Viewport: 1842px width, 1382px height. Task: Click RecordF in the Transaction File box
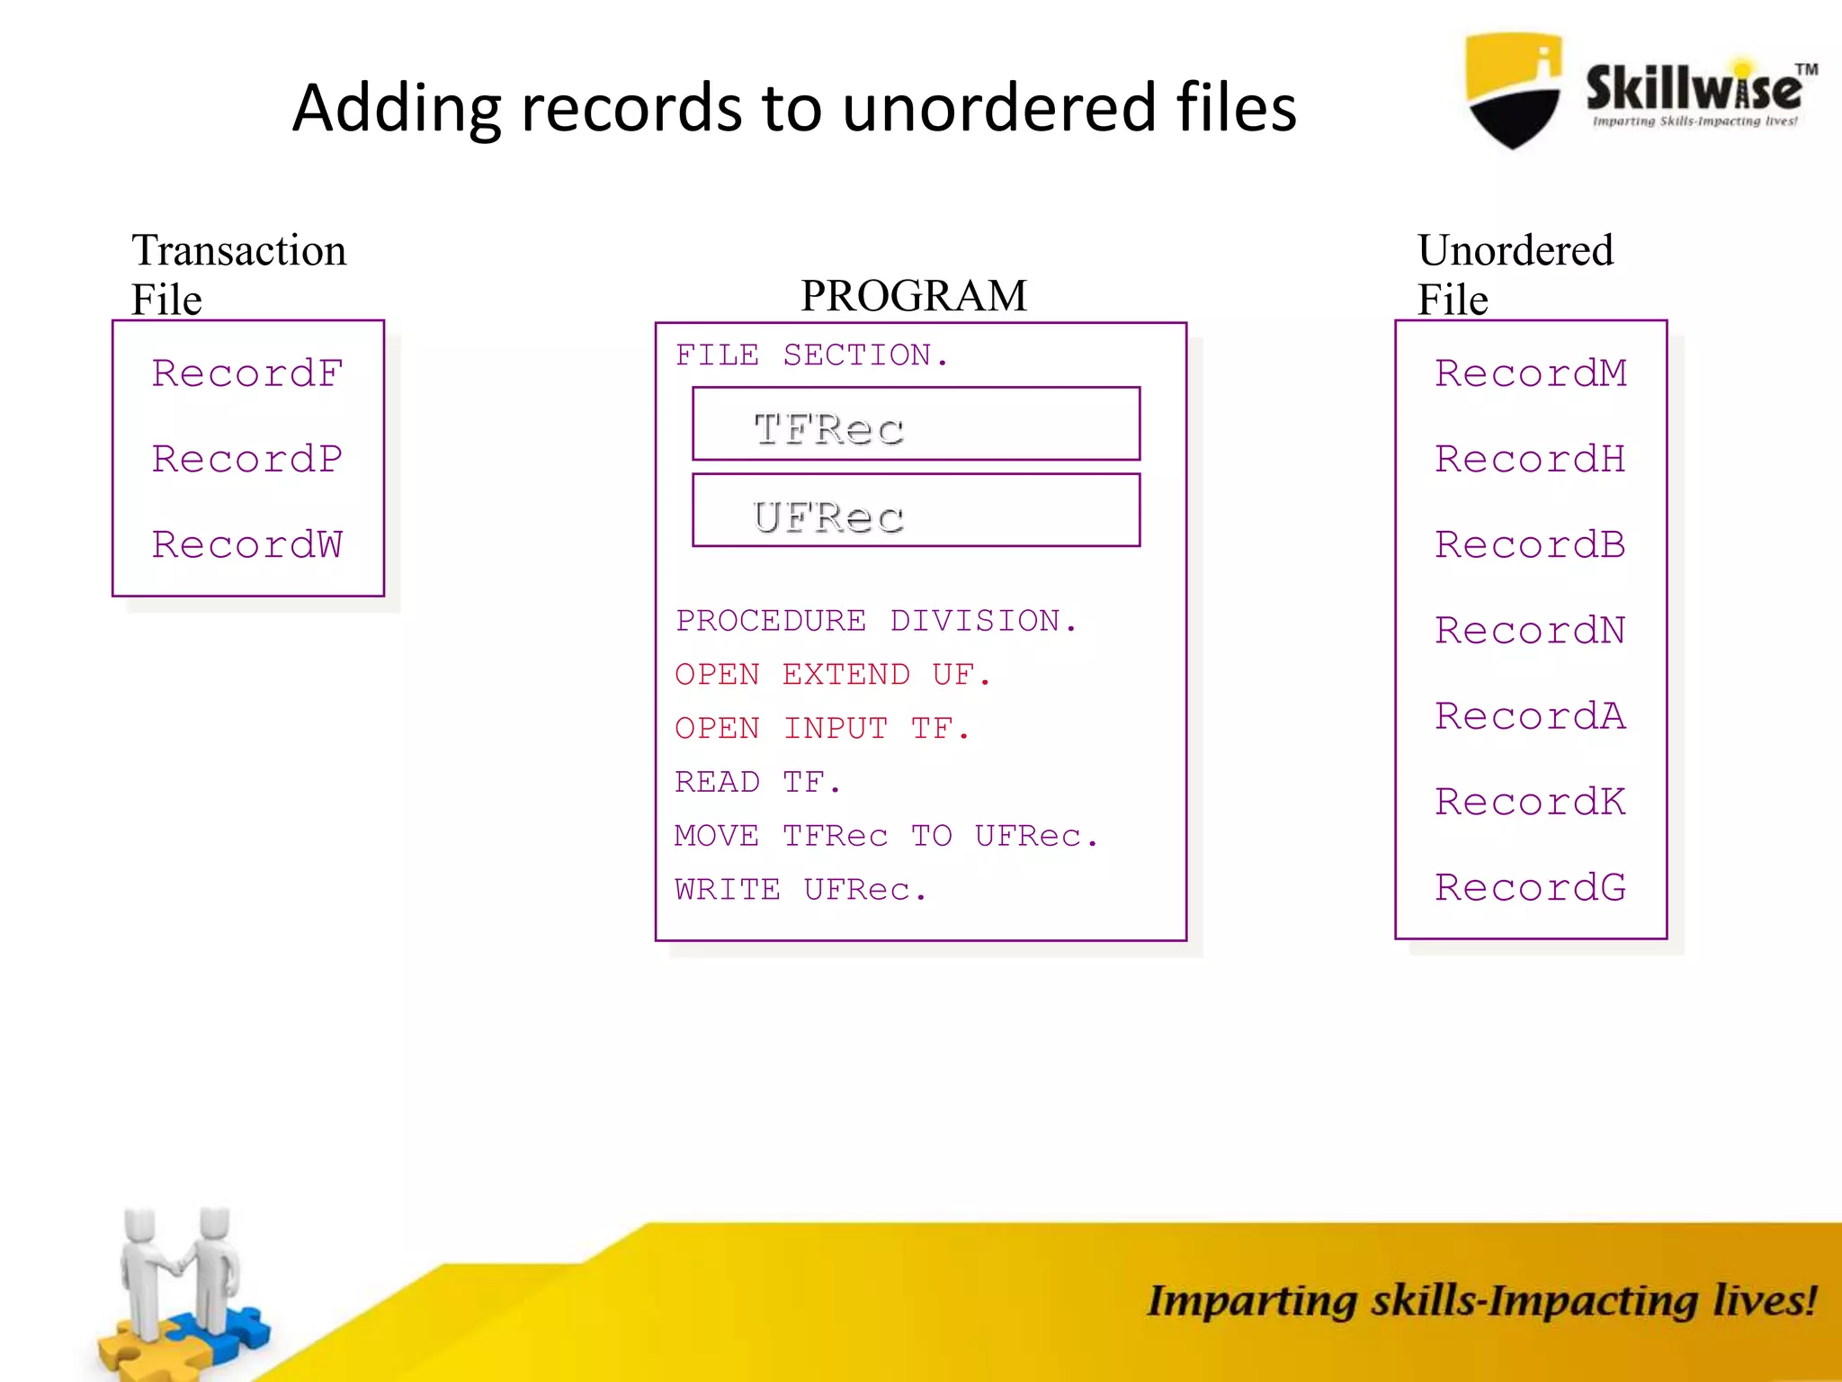(x=247, y=373)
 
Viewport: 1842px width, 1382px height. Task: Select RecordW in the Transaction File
(x=247, y=544)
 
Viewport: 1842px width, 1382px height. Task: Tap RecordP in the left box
(x=247, y=459)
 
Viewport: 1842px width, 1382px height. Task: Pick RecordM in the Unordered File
(x=1531, y=373)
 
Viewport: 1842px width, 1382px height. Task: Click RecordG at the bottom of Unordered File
(x=1531, y=887)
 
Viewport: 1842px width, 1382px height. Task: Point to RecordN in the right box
(x=1531, y=630)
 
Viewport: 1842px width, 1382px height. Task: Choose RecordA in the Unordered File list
(x=1531, y=716)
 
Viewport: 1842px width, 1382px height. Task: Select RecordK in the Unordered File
(x=1531, y=802)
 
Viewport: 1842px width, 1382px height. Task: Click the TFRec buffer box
(x=916, y=425)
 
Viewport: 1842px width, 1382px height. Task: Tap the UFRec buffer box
(x=916, y=511)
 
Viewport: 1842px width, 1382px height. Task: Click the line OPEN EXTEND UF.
(x=833, y=675)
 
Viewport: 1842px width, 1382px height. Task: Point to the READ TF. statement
(x=758, y=782)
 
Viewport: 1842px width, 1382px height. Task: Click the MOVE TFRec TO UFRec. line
(x=886, y=836)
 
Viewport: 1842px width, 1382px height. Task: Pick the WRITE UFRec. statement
(x=800, y=890)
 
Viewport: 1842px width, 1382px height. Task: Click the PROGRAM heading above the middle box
(x=914, y=296)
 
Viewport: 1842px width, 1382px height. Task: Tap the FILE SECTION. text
(x=812, y=355)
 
